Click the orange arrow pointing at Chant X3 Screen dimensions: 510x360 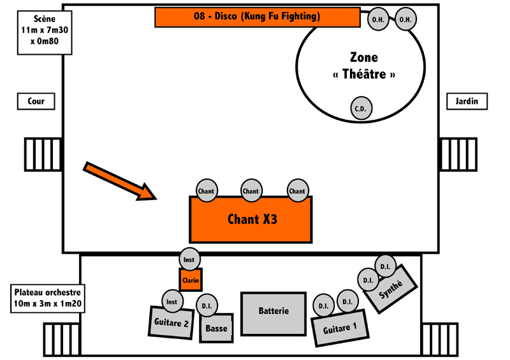pos(120,181)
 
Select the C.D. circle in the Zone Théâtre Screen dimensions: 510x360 pos(361,108)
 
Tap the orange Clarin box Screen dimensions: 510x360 pos(191,280)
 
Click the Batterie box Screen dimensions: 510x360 pos(273,313)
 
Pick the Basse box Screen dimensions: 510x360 pos(217,328)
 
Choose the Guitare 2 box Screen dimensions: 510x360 pos(171,322)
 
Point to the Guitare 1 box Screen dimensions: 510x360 pos(340,328)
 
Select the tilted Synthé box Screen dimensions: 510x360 pos(390,289)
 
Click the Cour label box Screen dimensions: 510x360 pos(36,101)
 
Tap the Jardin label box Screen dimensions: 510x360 pos(467,101)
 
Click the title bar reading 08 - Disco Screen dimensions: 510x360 pos(258,17)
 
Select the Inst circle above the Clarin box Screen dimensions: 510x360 pos(189,259)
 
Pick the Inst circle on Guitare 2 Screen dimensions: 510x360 pos(172,301)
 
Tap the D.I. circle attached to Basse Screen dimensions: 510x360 pos(207,305)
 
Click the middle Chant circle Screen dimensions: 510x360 pos(251,191)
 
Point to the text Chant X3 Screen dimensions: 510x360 pos(252,219)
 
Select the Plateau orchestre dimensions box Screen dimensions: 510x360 pos(48,298)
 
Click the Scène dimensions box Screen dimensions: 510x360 pos(45,32)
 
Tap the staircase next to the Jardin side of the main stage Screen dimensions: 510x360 pos(458,154)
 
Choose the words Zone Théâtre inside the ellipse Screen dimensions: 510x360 pos(364,66)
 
